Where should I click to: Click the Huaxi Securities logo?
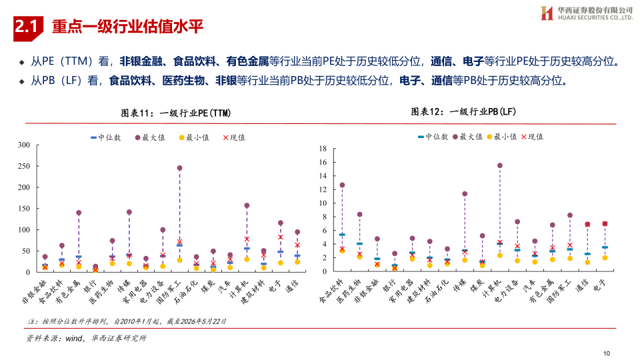587,13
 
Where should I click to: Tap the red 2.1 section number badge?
28,28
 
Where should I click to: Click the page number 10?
607,353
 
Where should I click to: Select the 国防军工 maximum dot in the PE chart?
179,168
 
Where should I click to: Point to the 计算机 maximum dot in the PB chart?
500,166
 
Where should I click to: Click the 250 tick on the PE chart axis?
24,166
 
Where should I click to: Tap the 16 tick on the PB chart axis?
323,163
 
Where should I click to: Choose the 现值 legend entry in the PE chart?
234,137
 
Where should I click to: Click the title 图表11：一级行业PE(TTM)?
176,113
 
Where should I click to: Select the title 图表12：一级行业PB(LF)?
463,111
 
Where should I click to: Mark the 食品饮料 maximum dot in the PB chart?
342,185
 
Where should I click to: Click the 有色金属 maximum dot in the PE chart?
79,213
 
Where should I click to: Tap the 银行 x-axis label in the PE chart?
91,287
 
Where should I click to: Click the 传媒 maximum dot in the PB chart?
465,194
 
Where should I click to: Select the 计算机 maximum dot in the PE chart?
247,206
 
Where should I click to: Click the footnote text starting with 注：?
127,321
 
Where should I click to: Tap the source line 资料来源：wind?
86,339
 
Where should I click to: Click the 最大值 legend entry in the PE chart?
150,137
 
